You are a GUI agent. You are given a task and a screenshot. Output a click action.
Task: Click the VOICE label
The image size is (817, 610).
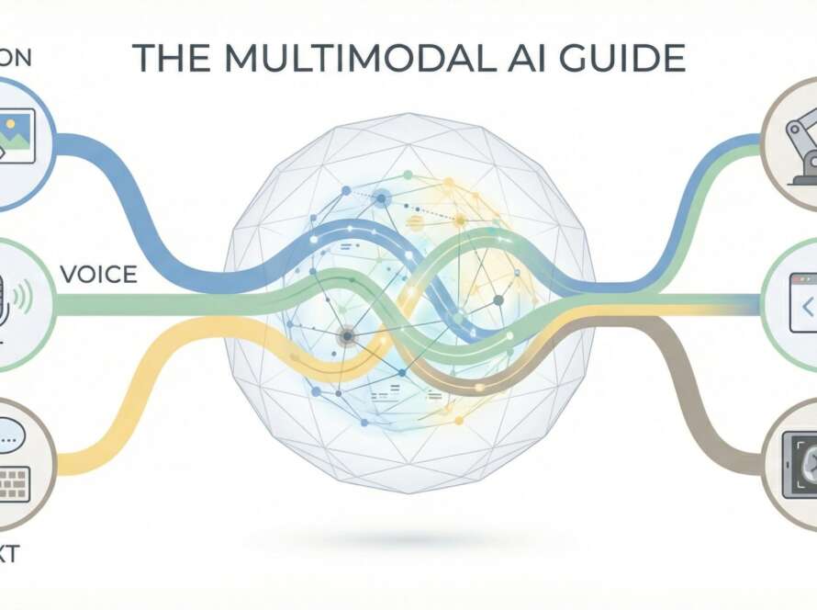(x=98, y=274)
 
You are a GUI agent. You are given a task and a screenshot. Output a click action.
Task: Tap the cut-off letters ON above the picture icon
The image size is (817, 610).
(x=16, y=58)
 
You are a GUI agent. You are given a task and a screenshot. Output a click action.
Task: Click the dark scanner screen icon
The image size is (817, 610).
(x=801, y=468)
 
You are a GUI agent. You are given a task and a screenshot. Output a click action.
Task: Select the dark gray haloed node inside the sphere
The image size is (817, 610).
(x=347, y=337)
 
